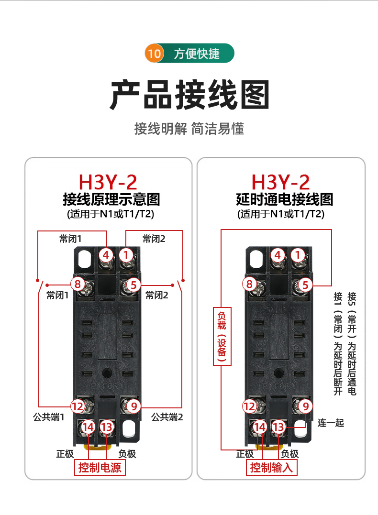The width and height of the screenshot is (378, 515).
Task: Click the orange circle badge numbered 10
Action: [x=154, y=53]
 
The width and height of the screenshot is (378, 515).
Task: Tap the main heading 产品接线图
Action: [x=189, y=95]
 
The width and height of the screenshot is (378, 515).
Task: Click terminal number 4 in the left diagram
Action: [x=106, y=255]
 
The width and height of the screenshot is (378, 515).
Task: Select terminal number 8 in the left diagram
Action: [x=78, y=284]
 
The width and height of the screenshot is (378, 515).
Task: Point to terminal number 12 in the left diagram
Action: [x=78, y=406]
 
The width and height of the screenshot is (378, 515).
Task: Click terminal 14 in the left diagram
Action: [x=88, y=427]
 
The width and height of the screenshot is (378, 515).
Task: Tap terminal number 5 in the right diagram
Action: [x=305, y=285]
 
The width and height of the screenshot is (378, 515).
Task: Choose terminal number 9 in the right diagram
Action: [x=306, y=406]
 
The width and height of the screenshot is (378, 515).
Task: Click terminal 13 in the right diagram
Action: [x=278, y=427]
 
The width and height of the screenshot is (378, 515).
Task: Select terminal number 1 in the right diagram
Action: [x=298, y=255]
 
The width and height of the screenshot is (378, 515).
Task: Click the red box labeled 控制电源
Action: [x=100, y=467]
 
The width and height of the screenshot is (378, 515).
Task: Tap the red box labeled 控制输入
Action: [x=271, y=467]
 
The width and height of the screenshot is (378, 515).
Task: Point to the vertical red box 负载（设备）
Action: [x=222, y=336]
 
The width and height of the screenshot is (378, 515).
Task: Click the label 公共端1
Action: [x=49, y=417]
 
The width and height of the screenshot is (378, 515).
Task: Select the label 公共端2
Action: [x=167, y=417]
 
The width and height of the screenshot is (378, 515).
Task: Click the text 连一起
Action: [x=331, y=423]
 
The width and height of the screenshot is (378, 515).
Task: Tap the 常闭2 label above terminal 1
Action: [x=154, y=239]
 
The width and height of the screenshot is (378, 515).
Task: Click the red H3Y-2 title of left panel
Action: [x=108, y=182]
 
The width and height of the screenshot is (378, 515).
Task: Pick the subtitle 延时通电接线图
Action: [x=285, y=199]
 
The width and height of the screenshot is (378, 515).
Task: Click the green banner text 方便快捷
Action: [x=197, y=54]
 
